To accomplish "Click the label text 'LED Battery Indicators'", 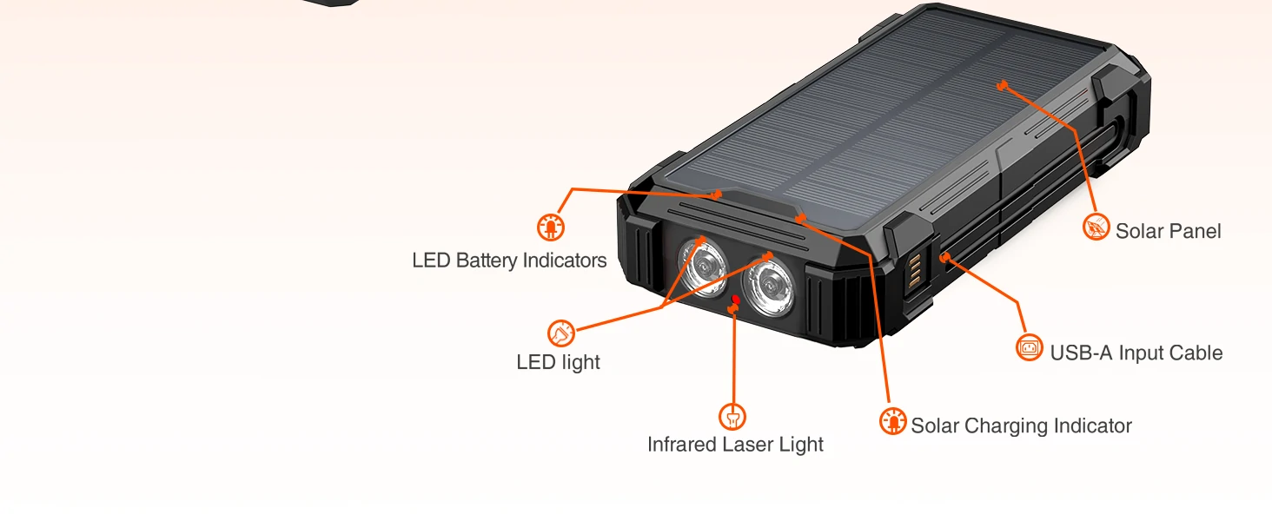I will click(x=509, y=260).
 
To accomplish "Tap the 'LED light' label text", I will click(x=558, y=362).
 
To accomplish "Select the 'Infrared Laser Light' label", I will click(x=735, y=445).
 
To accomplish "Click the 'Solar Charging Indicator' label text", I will click(x=1021, y=425).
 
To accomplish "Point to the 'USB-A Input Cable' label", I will click(x=1136, y=353).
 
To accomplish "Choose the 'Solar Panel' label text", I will click(x=1168, y=231).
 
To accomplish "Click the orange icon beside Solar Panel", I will click(x=1096, y=228).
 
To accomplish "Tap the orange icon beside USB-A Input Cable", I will click(x=1030, y=348).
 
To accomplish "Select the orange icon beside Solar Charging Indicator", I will click(x=892, y=421).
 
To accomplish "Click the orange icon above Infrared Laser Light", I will click(x=732, y=417).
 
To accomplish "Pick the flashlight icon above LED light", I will click(x=561, y=333).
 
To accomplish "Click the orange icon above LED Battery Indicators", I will click(x=551, y=228).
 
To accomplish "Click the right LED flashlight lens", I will click(x=767, y=285).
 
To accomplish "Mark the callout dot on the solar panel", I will click(x=1002, y=85).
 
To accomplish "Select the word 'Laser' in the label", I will click(x=752, y=445).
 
